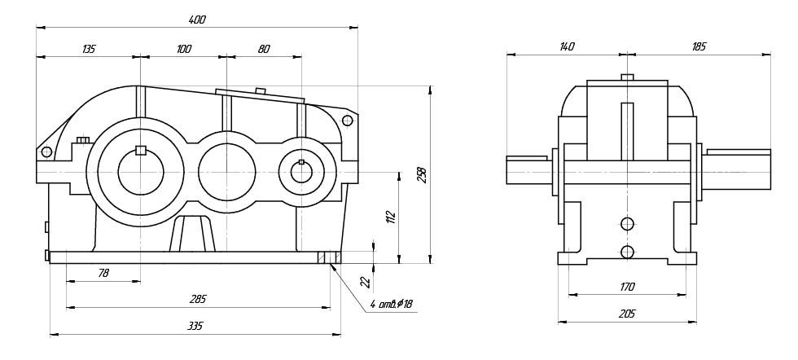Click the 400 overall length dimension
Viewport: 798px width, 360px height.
(196, 20)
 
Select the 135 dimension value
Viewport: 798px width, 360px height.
(88, 50)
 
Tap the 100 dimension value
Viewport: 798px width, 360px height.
(184, 50)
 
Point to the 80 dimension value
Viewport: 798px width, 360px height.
(264, 50)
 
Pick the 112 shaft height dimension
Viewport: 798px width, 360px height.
(391, 217)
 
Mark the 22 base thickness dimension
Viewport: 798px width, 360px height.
(366, 282)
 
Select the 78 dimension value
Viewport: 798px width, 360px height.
(103, 274)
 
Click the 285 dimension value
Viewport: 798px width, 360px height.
(198, 300)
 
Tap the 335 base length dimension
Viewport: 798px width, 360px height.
(196, 326)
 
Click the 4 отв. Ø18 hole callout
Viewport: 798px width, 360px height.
(392, 305)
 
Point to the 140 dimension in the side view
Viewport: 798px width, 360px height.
(567, 47)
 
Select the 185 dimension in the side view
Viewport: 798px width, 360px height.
(698, 47)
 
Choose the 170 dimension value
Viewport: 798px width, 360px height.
(627, 287)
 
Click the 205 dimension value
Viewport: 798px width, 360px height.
(627, 313)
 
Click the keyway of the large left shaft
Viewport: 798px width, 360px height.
(140, 149)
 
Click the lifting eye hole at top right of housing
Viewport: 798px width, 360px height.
(348, 121)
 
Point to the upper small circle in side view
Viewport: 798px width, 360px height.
(626, 224)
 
